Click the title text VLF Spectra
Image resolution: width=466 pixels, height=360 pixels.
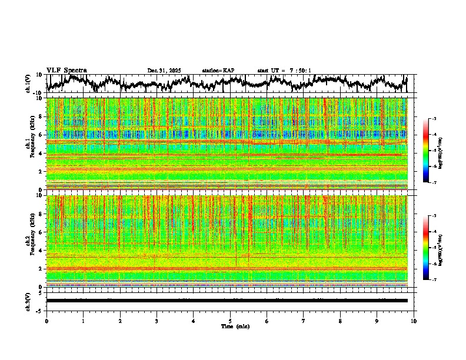click(66, 70)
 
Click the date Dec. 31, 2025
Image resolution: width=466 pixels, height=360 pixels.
click(164, 71)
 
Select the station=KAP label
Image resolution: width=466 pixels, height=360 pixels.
click(218, 71)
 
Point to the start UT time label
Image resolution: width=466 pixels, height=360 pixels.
click(284, 71)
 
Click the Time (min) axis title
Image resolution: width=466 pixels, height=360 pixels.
click(234, 326)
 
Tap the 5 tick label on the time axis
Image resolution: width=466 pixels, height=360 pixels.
click(230, 321)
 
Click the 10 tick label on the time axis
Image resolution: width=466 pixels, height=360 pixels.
click(414, 321)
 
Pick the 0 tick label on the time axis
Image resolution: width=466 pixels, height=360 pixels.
click(46, 321)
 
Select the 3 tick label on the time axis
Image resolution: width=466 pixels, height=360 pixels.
click(157, 321)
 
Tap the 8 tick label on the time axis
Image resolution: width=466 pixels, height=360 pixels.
click(340, 321)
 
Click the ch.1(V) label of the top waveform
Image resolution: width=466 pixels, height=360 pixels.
click(28, 84)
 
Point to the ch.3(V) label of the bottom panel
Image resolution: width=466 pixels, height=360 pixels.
click(28, 301)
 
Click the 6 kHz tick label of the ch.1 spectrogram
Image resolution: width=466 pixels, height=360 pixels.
click(41, 135)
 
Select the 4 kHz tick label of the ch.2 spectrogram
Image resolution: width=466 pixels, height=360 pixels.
click(41, 251)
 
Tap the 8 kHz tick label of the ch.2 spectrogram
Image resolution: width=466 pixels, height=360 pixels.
click(41, 214)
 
